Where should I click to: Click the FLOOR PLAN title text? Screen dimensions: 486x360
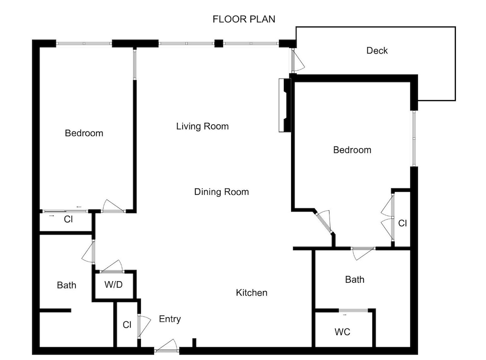[x=243, y=19]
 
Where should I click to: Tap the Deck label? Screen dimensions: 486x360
[x=377, y=51]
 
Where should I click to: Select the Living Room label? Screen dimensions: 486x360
[x=202, y=126]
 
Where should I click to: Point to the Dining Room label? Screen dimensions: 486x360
[x=221, y=192]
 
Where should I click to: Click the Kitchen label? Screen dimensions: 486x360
[x=251, y=293]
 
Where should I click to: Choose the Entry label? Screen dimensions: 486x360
[x=170, y=319]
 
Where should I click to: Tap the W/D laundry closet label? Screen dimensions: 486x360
[x=113, y=284]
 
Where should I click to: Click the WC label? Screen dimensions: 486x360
[x=343, y=332]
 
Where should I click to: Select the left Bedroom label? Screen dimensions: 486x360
[x=84, y=133]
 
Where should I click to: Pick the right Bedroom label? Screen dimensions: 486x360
[x=352, y=150]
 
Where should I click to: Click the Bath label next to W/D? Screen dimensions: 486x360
[x=67, y=285]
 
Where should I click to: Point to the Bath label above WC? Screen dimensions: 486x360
[x=355, y=279]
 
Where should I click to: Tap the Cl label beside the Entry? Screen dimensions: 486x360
[x=127, y=325]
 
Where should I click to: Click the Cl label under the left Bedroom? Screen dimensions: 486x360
[x=68, y=219]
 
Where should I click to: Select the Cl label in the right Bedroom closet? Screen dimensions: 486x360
[x=402, y=223]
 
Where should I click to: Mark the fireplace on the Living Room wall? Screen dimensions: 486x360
[x=284, y=105]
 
